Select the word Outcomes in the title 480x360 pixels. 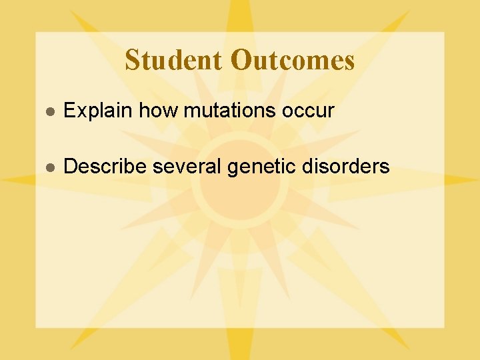[293, 60]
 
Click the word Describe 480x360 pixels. [105, 166]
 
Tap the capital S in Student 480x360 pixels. [132, 60]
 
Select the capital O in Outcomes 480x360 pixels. [240, 60]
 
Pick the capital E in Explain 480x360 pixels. [69, 111]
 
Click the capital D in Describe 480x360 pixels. [70, 166]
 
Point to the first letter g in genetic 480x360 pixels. [233, 168]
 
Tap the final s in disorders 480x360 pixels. [385, 167]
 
